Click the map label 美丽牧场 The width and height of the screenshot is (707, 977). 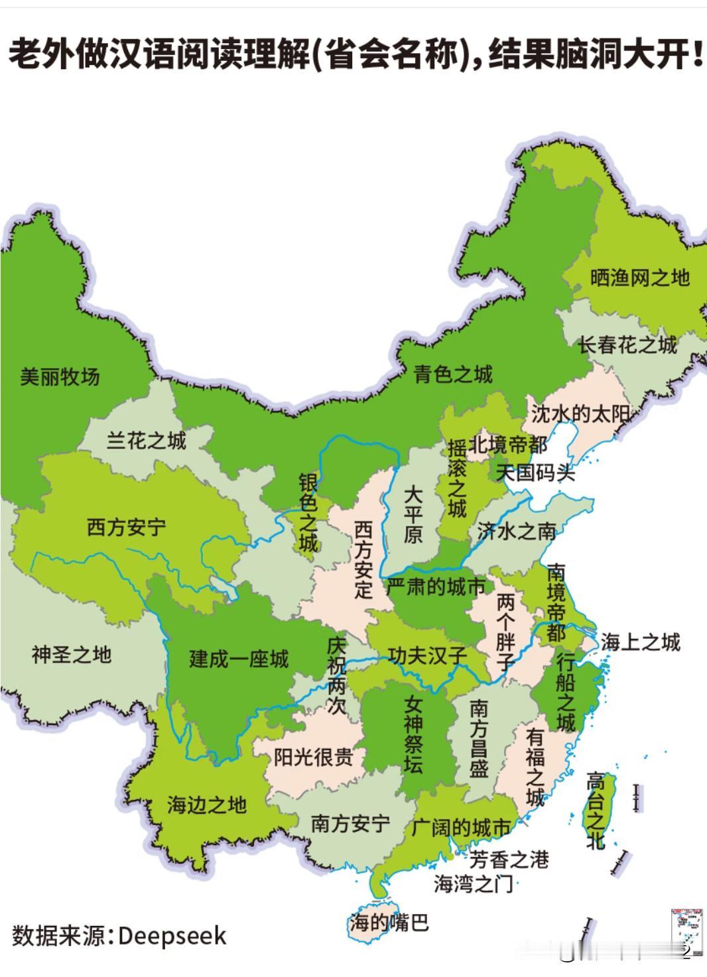pos(60,377)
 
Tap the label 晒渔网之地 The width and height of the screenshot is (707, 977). pos(640,278)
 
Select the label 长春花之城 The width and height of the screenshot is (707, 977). pos(627,345)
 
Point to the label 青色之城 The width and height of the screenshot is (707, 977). pos(453,374)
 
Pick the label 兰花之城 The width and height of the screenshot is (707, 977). pos(147,440)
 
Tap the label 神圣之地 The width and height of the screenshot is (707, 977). pos(72,655)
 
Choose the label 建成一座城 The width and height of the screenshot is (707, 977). pos(239,659)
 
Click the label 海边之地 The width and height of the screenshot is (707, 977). pos(206,805)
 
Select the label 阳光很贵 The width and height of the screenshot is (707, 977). pos(313,757)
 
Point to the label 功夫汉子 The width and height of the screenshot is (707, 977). pos(428,656)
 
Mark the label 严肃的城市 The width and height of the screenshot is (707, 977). pos(436,586)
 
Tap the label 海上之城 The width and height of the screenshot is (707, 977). pos(641,642)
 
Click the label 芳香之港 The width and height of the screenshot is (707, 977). pos(509,860)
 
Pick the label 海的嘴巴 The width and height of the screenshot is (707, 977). pos(389,922)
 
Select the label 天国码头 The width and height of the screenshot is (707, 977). pos(536,473)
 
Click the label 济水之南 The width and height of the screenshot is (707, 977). pos(517,531)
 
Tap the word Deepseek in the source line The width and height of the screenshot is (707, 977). pos(172,936)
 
